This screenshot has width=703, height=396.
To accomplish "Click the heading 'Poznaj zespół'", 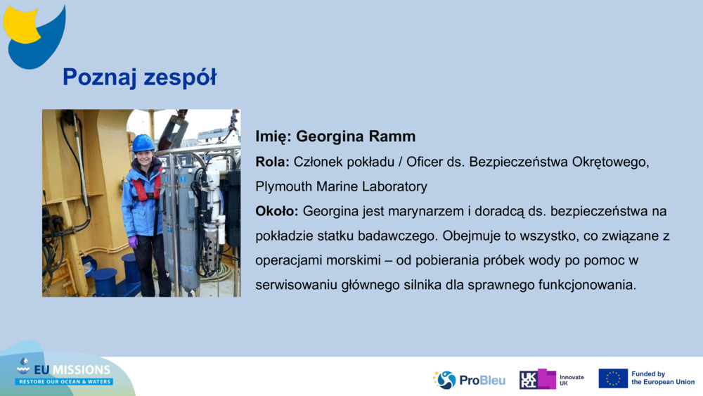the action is [139, 77].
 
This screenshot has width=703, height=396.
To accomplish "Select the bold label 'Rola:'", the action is [273, 162].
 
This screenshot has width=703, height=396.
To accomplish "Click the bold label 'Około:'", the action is [276, 211].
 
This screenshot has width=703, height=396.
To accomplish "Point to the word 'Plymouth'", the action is [284, 186].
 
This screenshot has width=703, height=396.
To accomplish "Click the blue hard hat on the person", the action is [143, 143].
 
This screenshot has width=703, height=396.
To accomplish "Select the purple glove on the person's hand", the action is [133, 242].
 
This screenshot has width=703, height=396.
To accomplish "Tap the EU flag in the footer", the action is [613, 378].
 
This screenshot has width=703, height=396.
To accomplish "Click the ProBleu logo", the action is [469, 380].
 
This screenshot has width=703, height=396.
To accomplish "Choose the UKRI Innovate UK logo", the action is [551, 379].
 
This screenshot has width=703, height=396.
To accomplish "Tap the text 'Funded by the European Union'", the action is [663, 378].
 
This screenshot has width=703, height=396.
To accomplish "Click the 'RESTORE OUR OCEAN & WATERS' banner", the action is [65, 382].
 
